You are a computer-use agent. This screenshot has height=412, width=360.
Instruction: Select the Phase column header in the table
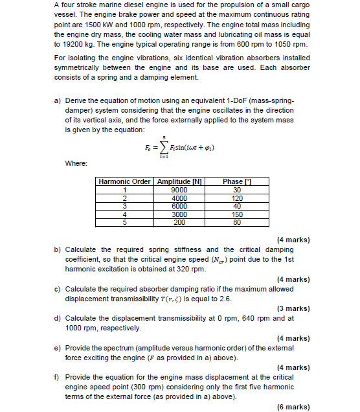coord(232,181)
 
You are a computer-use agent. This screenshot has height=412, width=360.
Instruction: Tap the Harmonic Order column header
coord(125,181)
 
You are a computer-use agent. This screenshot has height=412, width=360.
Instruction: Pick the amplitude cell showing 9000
coord(179,190)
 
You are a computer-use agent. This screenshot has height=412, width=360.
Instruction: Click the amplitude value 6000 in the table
coord(179,206)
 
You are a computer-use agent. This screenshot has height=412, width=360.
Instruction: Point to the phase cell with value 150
coord(237,214)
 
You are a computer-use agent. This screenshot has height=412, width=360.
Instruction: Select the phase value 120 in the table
coord(237,198)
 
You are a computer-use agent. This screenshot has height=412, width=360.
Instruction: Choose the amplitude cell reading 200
coord(179,222)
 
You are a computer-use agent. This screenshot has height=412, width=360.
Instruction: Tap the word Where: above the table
coord(76,163)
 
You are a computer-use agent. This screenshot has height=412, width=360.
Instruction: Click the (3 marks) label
coord(293,308)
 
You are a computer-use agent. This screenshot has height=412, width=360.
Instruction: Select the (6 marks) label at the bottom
coord(293,407)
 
